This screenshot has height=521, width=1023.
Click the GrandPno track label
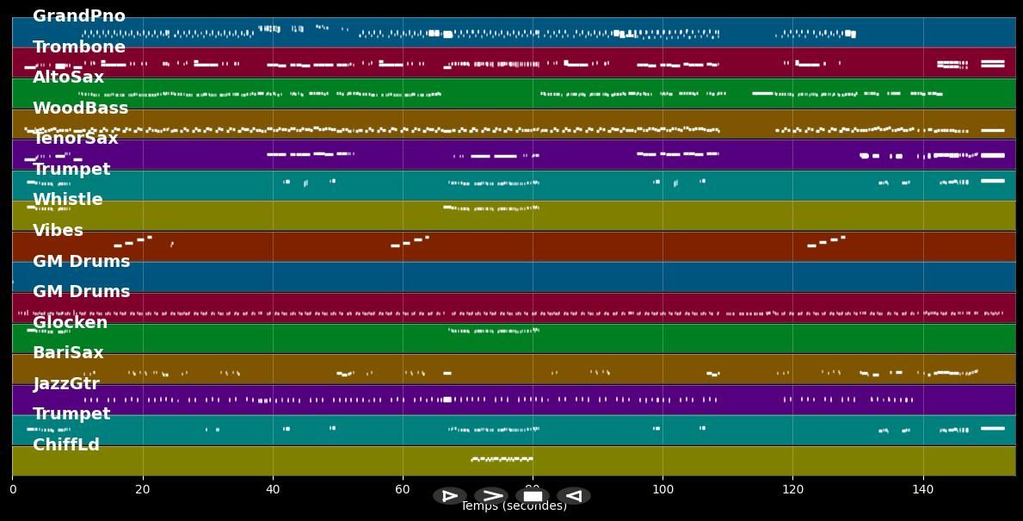[79, 16]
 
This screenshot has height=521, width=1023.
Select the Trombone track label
[79, 47]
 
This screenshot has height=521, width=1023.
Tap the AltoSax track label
[68, 78]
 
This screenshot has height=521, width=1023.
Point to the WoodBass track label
[80, 109]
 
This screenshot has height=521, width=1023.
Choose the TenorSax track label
[75, 139]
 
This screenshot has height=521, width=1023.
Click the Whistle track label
[67, 200]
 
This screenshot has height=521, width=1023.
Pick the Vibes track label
[58, 231]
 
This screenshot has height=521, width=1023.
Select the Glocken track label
[70, 323]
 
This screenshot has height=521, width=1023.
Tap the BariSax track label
[68, 353]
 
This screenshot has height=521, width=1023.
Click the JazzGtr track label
[66, 384]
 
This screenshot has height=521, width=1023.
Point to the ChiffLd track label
[66, 445]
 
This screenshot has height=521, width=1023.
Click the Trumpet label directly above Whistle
[71, 170]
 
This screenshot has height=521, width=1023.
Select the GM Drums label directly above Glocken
[81, 292]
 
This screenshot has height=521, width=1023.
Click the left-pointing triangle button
[574, 496]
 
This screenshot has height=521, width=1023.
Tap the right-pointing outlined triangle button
[450, 496]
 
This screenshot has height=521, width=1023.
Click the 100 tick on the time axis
[662, 490]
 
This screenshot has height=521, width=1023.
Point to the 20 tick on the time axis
[143, 490]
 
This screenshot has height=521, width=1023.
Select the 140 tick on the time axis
[922, 490]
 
